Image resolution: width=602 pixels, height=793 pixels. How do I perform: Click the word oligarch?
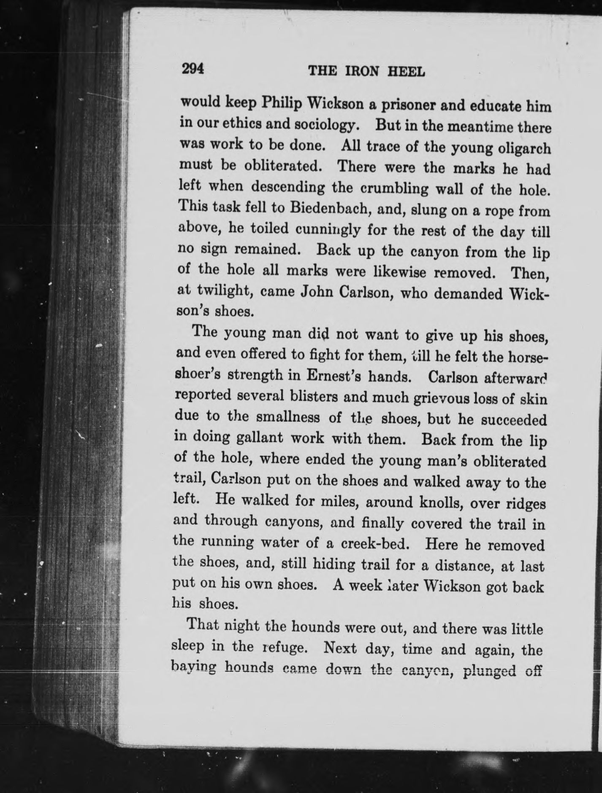tap(523, 149)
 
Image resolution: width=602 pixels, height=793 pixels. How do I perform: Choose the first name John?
tap(318, 293)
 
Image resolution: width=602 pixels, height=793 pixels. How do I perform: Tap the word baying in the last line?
tap(194, 668)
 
